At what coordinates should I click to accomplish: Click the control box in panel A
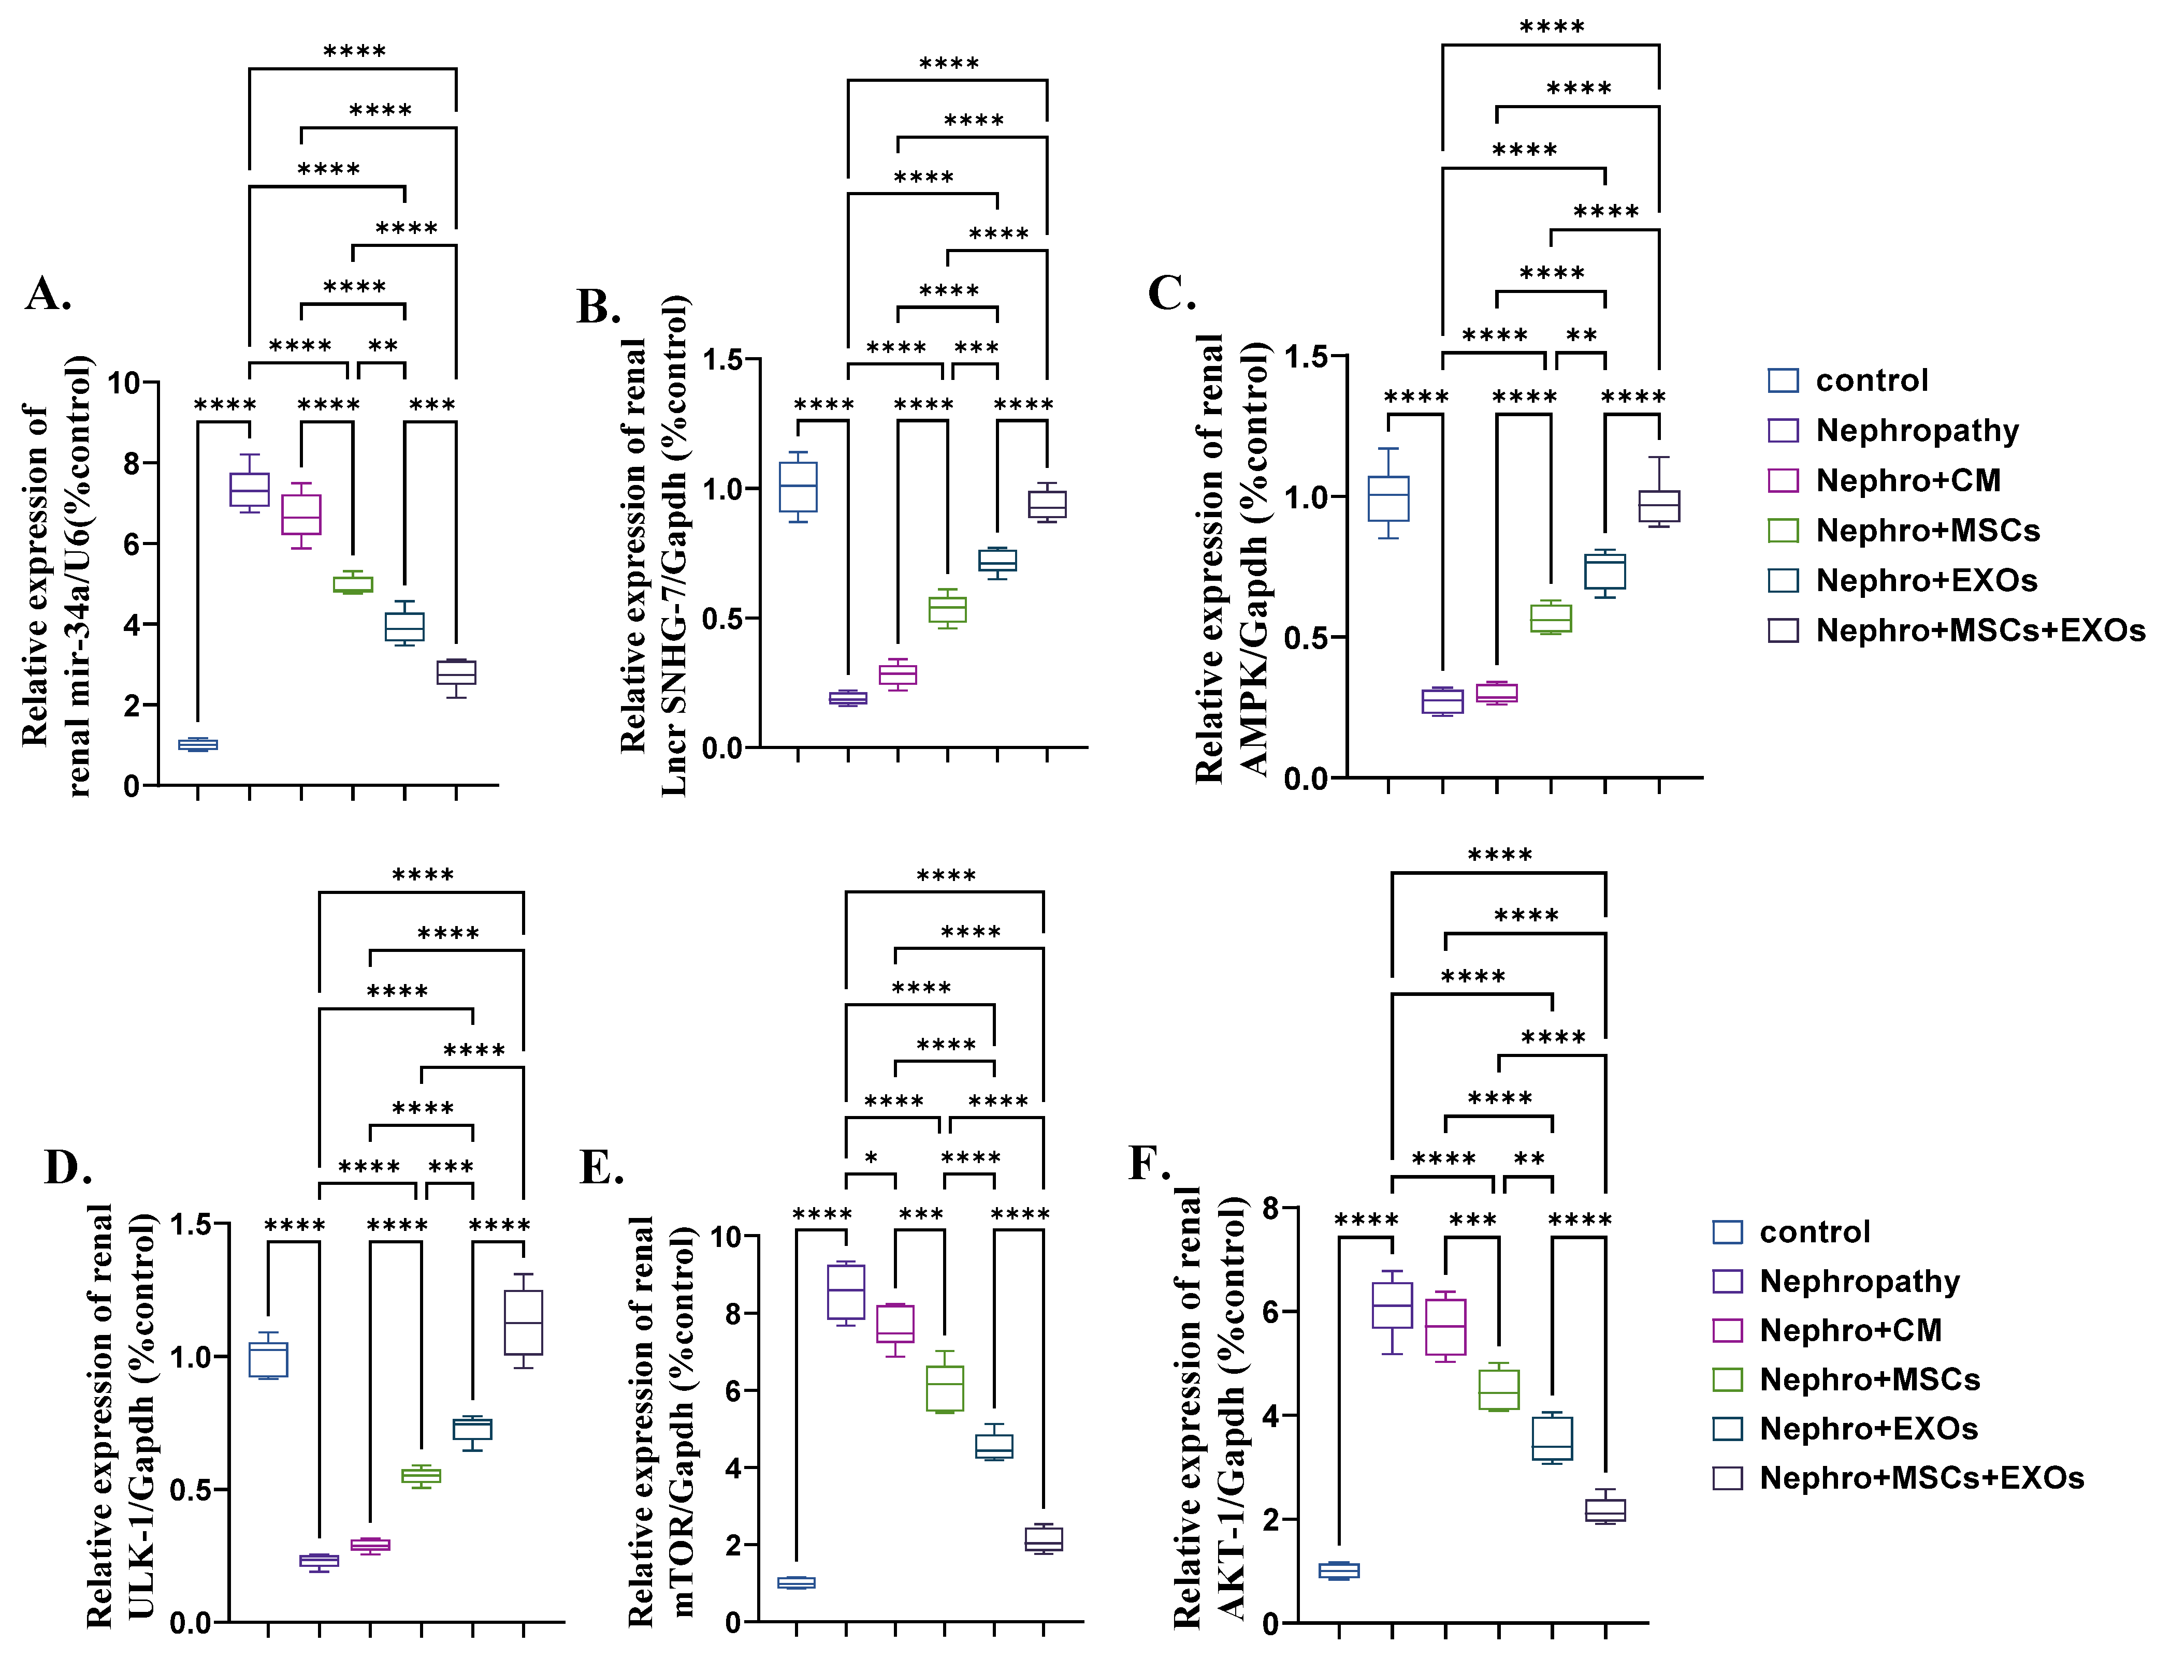click(197, 744)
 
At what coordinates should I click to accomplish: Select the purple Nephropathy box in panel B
click(847, 698)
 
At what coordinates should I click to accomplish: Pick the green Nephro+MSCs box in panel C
click(1551, 618)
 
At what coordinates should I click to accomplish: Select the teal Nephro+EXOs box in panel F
click(1552, 1438)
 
